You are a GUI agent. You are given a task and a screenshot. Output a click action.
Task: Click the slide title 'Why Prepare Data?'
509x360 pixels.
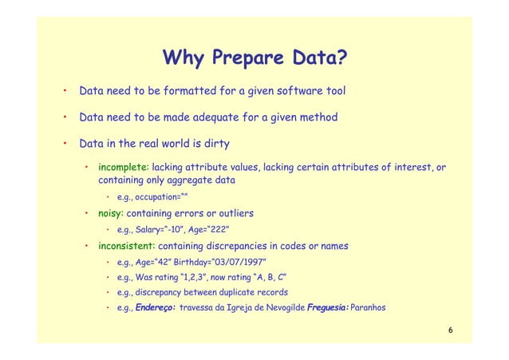click(x=254, y=58)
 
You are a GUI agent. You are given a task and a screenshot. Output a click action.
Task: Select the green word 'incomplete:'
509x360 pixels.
click(x=123, y=168)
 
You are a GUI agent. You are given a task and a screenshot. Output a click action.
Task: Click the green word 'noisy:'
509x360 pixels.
click(x=111, y=214)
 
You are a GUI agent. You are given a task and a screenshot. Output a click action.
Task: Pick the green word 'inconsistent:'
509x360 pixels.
click(x=127, y=246)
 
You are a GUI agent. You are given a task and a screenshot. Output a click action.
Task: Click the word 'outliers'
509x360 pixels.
click(x=232, y=214)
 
